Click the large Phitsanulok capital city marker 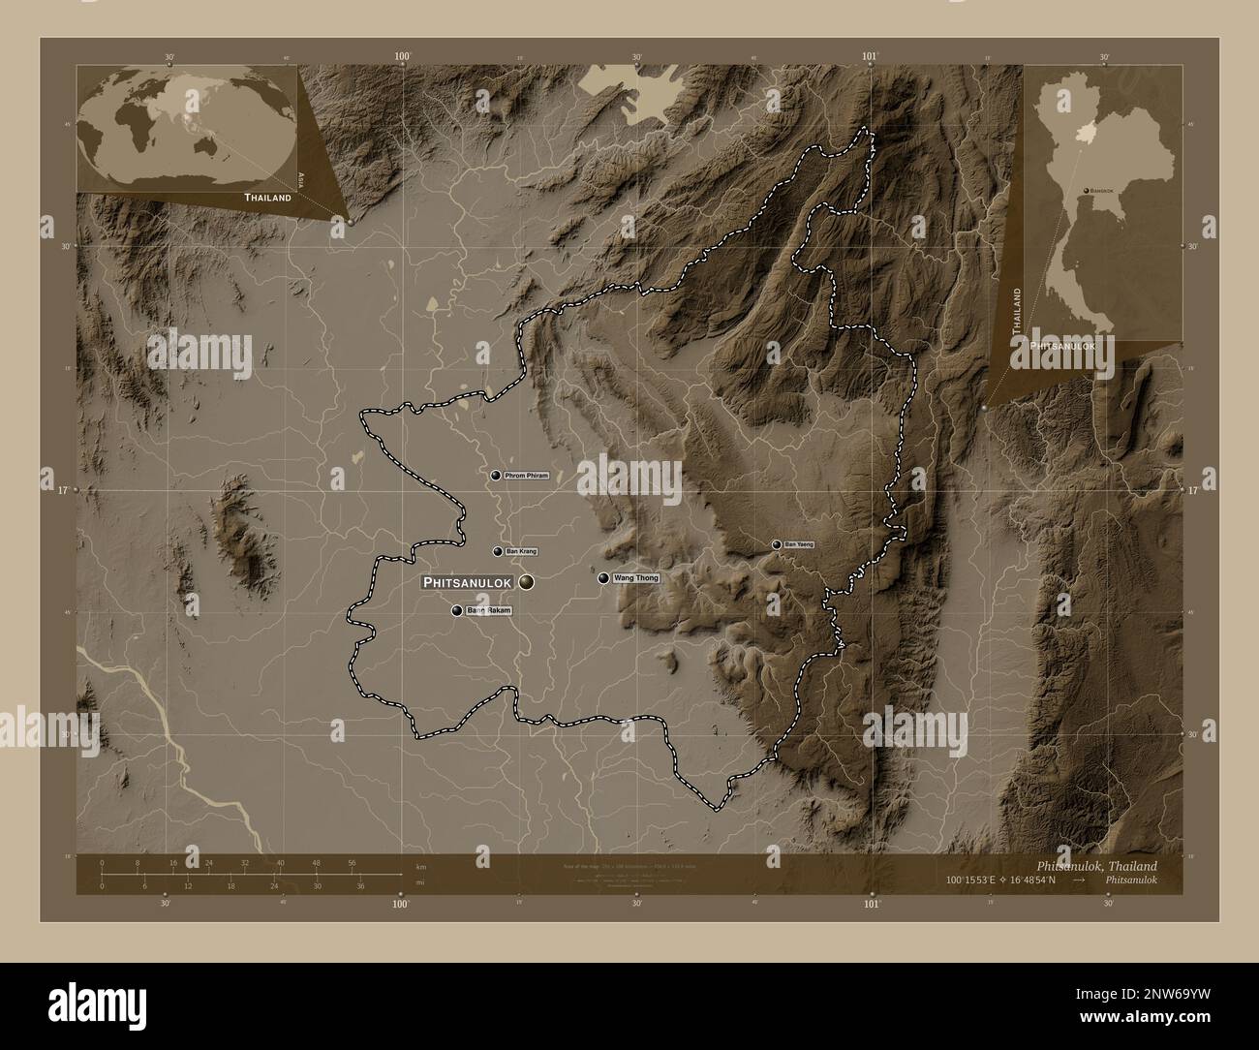pyautogui.click(x=526, y=582)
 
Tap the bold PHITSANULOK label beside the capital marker pyautogui.click(x=469, y=582)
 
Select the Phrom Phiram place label pyautogui.click(x=527, y=476)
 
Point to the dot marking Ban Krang pyautogui.click(x=498, y=551)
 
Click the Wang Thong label pyautogui.click(x=636, y=578)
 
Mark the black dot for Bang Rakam pyautogui.click(x=456, y=611)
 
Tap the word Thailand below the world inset pyautogui.click(x=267, y=198)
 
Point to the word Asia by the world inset pyautogui.click(x=300, y=180)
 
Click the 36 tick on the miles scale pyautogui.click(x=360, y=885)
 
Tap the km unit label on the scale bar pyautogui.click(x=419, y=866)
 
